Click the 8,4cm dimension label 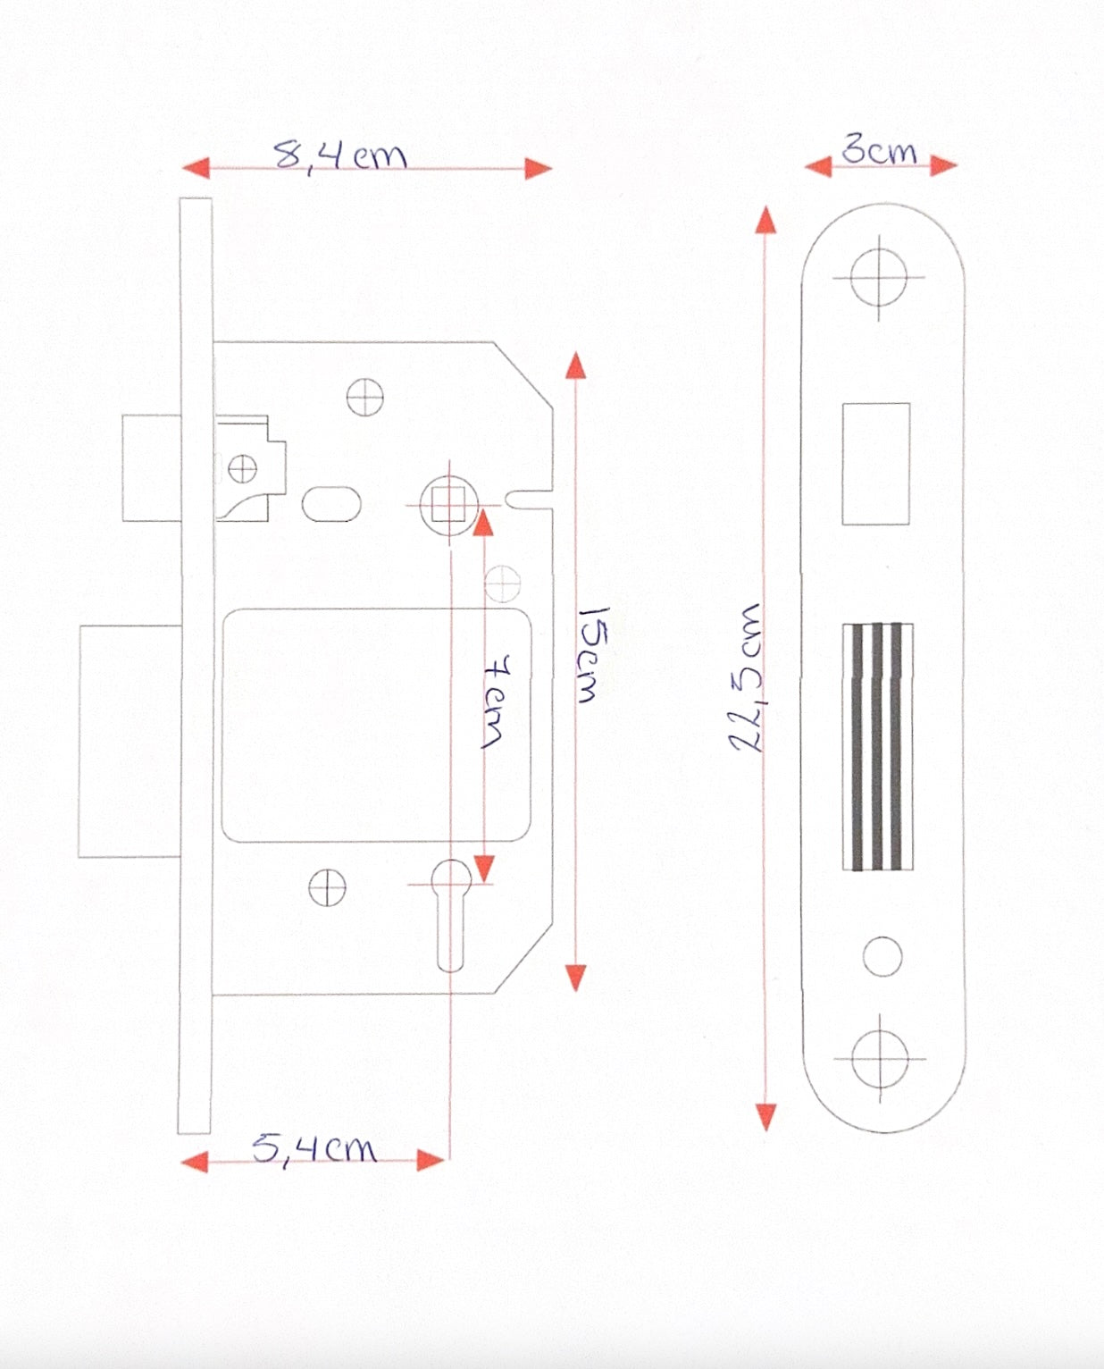coord(339,155)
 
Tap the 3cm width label coord(879,151)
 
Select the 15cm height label coord(594,654)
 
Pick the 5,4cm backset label coord(314,1149)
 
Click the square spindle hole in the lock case coord(449,505)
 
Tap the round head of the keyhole coord(452,879)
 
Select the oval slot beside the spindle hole coord(331,504)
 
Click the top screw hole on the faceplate coord(879,278)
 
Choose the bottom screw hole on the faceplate coord(880,1059)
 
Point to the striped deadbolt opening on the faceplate coord(878,746)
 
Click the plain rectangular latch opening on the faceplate coord(875,464)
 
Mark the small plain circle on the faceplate coord(882,956)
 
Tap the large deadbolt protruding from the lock coord(130,741)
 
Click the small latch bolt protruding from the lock coord(151,468)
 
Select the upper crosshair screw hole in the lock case coord(365,398)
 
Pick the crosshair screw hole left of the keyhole coord(328,887)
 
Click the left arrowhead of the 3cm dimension coord(818,167)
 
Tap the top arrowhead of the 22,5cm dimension coord(766,220)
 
